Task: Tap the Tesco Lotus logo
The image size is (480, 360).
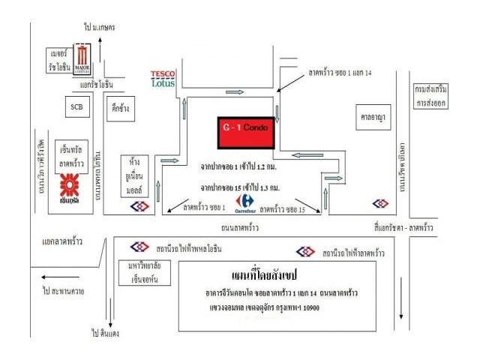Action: point(163,78)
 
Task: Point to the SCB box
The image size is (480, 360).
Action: point(76,108)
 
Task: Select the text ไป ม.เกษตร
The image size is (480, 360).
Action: point(99,28)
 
